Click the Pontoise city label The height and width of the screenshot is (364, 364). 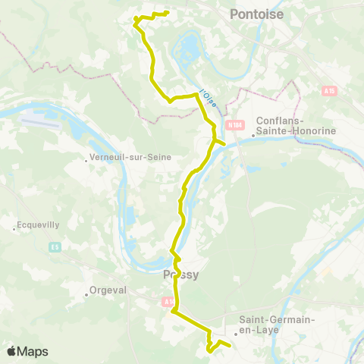(256, 14)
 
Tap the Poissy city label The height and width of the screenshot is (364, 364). (180, 275)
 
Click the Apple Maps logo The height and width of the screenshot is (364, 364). (27, 351)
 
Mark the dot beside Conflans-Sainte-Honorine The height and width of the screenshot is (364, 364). (253, 136)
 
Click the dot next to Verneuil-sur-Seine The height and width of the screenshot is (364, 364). (88, 158)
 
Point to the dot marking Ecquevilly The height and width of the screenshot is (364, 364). (14, 226)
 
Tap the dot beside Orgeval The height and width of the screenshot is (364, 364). (86, 294)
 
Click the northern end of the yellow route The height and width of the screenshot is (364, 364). (166, 13)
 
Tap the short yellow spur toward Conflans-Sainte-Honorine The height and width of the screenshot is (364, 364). (222, 142)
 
